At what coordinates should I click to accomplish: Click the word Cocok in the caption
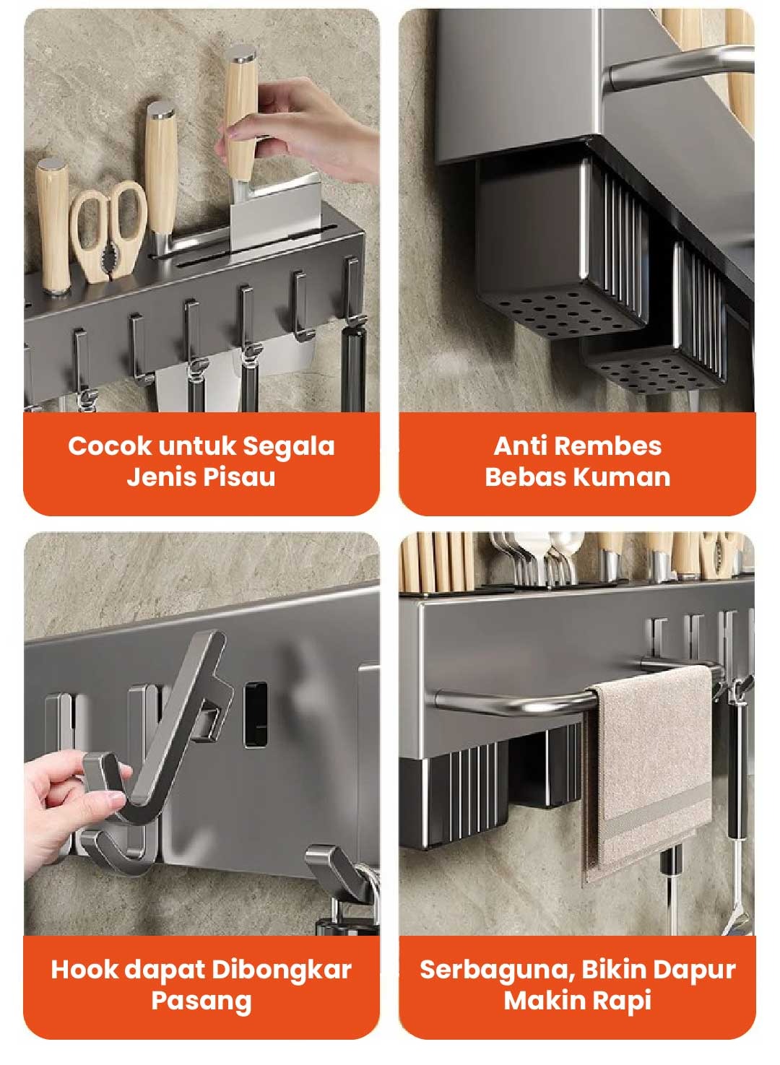[x=110, y=446]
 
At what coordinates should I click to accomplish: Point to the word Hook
[x=84, y=970]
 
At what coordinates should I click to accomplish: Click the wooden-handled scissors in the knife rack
[x=108, y=232]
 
